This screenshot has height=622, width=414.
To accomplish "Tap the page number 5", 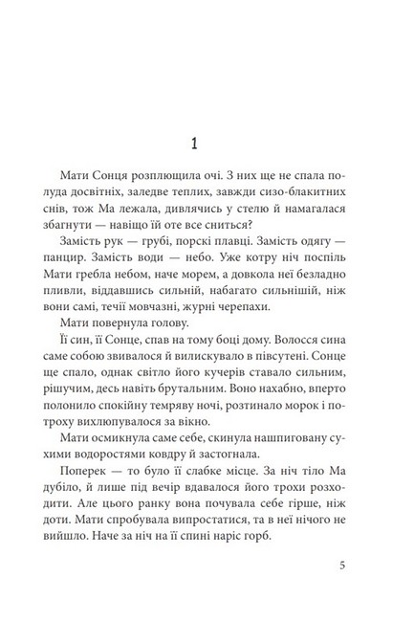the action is pyautogui.click(x=341, y=564).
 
